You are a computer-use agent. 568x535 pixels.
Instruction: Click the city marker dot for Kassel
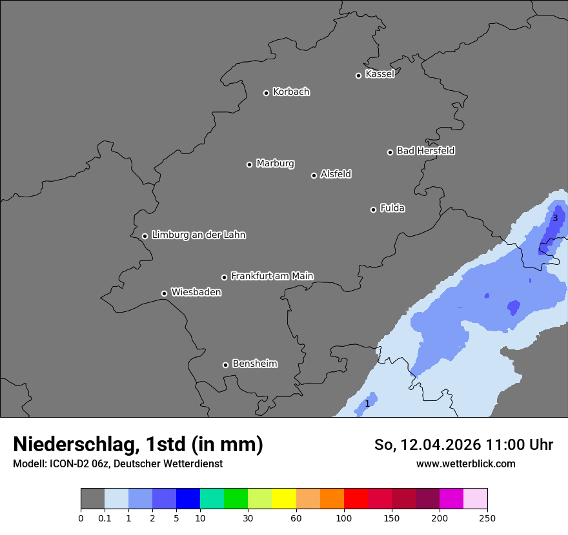click(358, 75)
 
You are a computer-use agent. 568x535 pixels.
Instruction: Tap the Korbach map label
click(291, 92)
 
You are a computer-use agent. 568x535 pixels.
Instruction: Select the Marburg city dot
click(249, 164)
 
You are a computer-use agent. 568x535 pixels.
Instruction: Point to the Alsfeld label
click(336, 174)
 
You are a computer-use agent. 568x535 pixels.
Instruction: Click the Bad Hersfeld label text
click(425, 151)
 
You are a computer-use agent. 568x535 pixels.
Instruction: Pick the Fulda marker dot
click(373, 209)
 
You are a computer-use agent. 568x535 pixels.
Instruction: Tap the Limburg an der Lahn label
click(198, 235)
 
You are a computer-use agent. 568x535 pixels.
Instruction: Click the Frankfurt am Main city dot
click(225, 277)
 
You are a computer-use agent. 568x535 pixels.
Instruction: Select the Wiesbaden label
click(196, 293)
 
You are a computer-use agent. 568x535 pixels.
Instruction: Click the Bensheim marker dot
click(225, 365)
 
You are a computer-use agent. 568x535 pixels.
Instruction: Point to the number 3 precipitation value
click(555, 219)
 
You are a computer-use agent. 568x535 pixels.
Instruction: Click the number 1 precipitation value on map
click(367, 404)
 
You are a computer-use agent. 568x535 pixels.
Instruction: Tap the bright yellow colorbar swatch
click(284, 500)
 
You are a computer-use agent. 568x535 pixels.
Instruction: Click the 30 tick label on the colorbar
click(248, 518)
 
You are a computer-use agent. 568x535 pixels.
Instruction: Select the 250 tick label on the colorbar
click(487, 518)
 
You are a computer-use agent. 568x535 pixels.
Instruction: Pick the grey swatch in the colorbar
click(92, 500)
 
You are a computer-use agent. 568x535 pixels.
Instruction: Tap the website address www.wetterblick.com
click(465, 464)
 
